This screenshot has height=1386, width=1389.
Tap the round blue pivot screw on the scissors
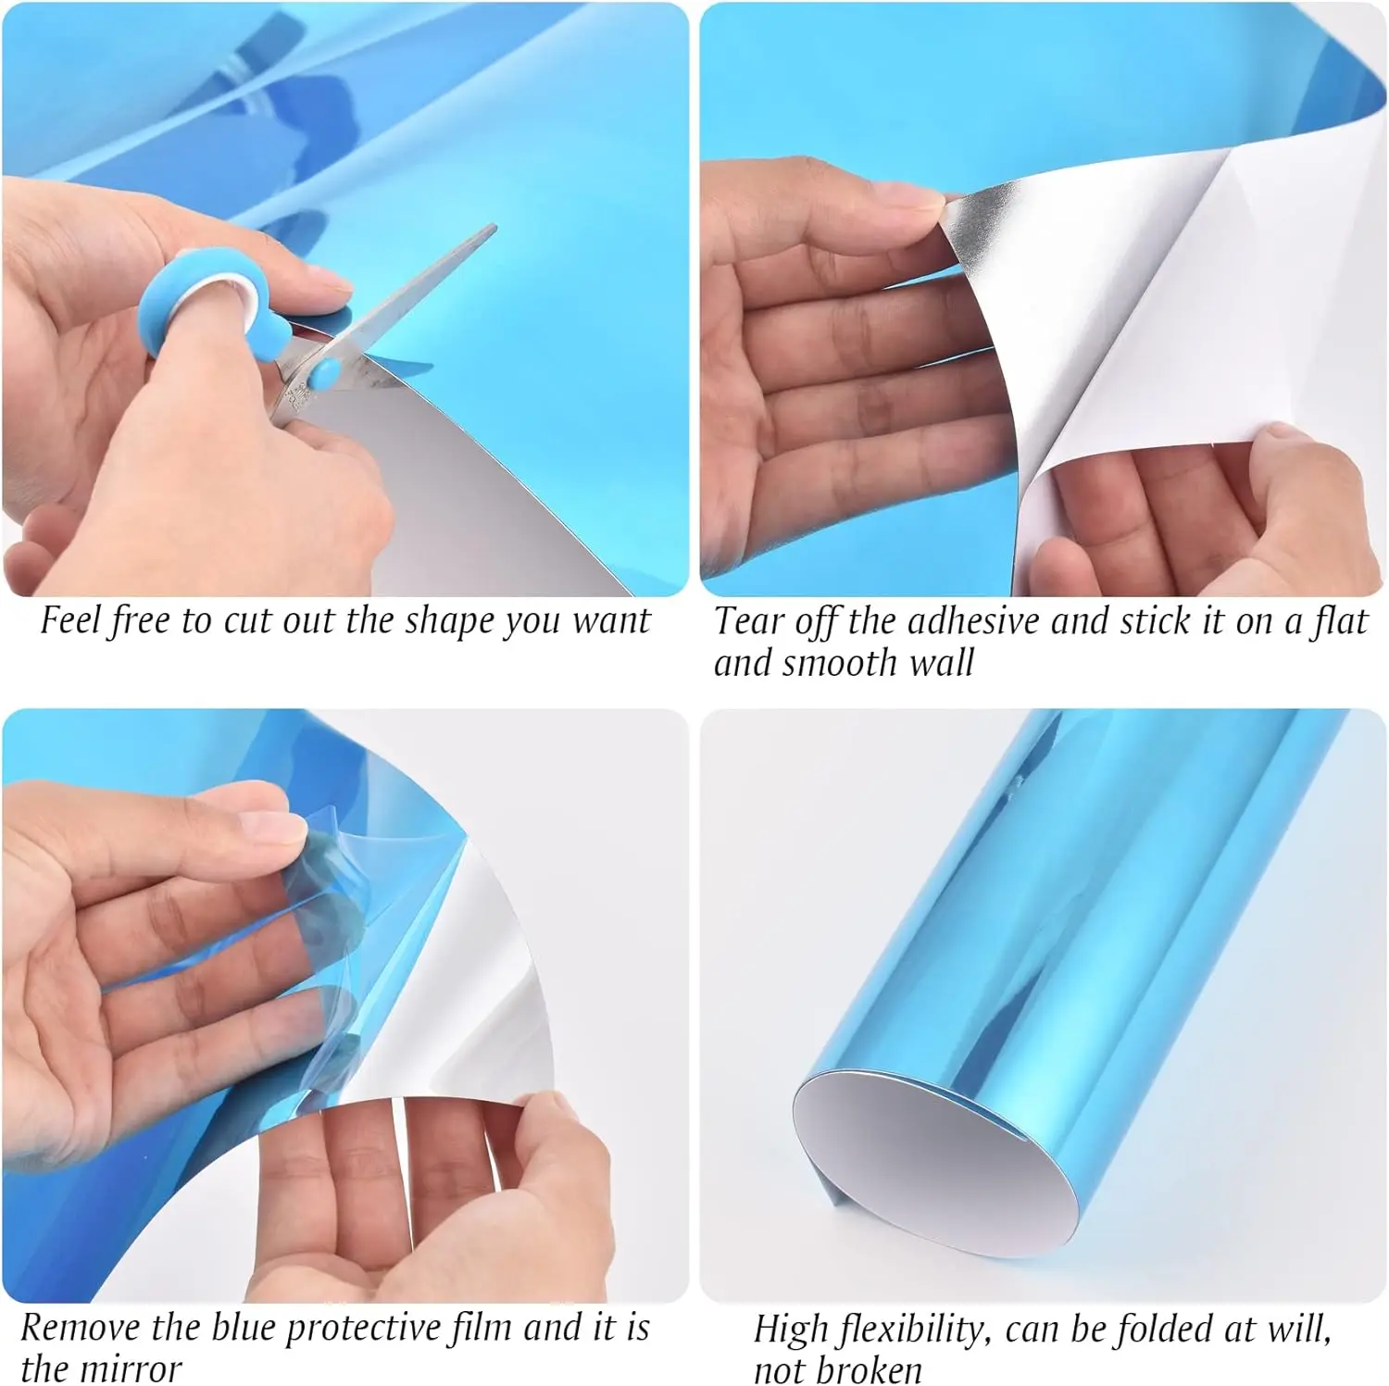(324, 374)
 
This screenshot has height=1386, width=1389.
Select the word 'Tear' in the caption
(748, 621)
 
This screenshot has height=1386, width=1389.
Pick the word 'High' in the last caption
(793, 1330)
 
